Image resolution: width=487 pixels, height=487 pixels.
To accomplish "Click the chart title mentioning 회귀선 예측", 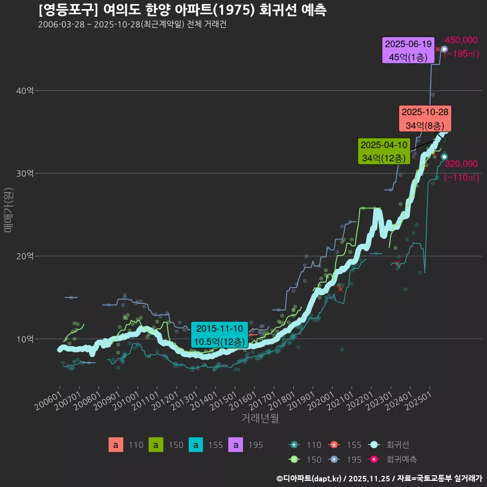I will (183, 10).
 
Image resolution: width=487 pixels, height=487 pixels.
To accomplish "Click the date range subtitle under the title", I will (132, 25).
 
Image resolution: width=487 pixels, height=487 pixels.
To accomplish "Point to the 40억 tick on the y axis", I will (26, 91).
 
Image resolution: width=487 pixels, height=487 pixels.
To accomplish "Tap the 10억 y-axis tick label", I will (26, 339).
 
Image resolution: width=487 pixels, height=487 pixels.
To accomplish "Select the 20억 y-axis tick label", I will (26, 256).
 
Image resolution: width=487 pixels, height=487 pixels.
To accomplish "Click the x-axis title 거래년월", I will (260, 418).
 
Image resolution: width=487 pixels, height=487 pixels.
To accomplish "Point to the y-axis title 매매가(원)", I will (8, 210).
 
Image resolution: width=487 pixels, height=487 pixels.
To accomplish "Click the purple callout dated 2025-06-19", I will (408, 50).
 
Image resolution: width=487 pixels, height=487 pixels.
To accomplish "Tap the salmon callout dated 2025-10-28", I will (424, 119).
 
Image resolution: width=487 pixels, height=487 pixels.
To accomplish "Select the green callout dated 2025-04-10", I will (384, 152).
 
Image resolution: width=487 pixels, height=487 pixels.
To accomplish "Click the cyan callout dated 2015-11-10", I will (219, 335).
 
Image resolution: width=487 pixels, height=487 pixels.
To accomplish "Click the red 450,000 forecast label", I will (461, 41).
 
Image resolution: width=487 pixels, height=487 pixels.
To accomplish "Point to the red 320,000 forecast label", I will (461, 164).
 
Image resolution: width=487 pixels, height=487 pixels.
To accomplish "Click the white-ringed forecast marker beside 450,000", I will (444, 49).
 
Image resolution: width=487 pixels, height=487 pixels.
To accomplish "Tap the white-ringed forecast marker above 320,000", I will (444, 157).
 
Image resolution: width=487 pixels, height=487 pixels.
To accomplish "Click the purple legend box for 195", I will (236, 445).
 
